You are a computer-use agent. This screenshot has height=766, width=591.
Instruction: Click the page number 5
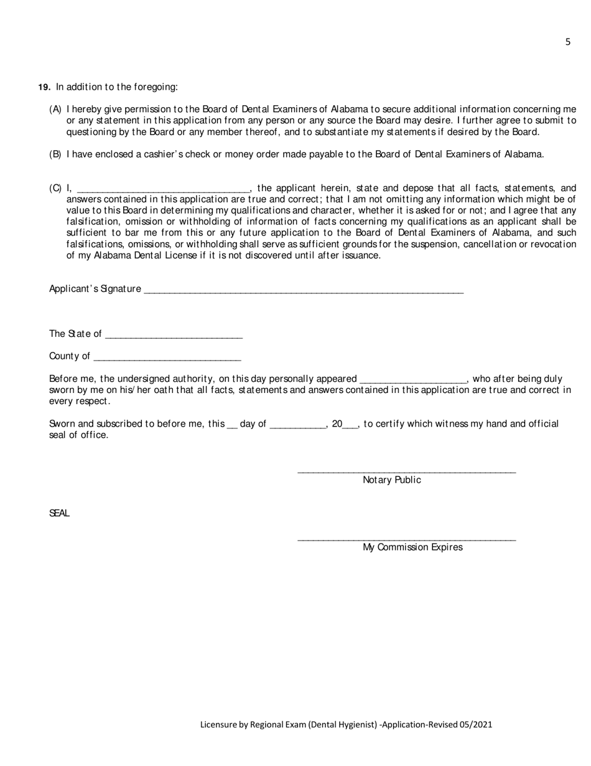(x=568, y=42)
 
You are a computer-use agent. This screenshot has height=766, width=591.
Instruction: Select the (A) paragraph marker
(x=55, y=109)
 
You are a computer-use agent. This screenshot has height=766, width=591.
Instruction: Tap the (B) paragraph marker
(x=55, y=154)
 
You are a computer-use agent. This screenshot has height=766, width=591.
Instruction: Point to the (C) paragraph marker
(x=55, y=188)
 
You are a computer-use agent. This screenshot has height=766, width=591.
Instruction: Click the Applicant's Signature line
(x=304, y=290)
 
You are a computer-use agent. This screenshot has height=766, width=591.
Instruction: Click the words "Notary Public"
(x=392, y=480)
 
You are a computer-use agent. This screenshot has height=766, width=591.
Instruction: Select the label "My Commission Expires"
(x=412, y=547)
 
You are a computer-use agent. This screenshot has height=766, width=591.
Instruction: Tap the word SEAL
(x=59, y=513)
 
